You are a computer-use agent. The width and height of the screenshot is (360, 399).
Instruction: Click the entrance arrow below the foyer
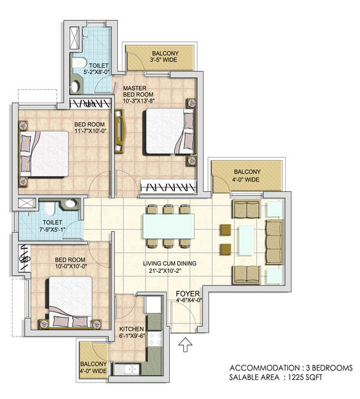pos(185,345)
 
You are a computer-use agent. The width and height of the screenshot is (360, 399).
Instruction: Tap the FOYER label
pos(188,294)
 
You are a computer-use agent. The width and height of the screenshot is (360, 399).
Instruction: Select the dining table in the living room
pos(169,226)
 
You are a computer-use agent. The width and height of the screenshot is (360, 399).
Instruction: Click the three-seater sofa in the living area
pos(274,243)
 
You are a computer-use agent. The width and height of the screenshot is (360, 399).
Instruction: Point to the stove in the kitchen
pos(155,339)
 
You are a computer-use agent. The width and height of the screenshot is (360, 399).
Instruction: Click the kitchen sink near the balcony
pos(127,370)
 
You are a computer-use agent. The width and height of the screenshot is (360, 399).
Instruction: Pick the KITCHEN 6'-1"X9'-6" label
pos(132,332)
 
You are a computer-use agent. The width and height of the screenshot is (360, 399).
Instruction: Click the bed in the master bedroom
pos(171,132)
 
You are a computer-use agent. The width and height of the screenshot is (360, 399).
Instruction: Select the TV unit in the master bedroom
pos(119,131)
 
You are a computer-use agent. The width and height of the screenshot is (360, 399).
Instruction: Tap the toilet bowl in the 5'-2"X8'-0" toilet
pos(79,63)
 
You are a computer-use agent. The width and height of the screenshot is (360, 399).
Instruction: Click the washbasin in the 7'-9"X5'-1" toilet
pos(70,203)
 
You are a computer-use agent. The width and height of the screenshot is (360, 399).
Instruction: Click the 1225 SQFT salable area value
pos(305,377)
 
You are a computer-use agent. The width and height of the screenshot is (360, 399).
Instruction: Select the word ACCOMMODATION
pos(265,368)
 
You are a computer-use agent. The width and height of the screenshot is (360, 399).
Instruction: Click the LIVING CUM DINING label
pos(170,267)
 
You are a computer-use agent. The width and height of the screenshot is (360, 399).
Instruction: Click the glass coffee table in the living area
pos(246,240)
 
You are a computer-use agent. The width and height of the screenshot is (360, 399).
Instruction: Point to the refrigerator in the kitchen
pos(153,305)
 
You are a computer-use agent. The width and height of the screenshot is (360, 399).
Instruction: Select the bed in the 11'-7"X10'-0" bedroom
pos(44,154)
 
